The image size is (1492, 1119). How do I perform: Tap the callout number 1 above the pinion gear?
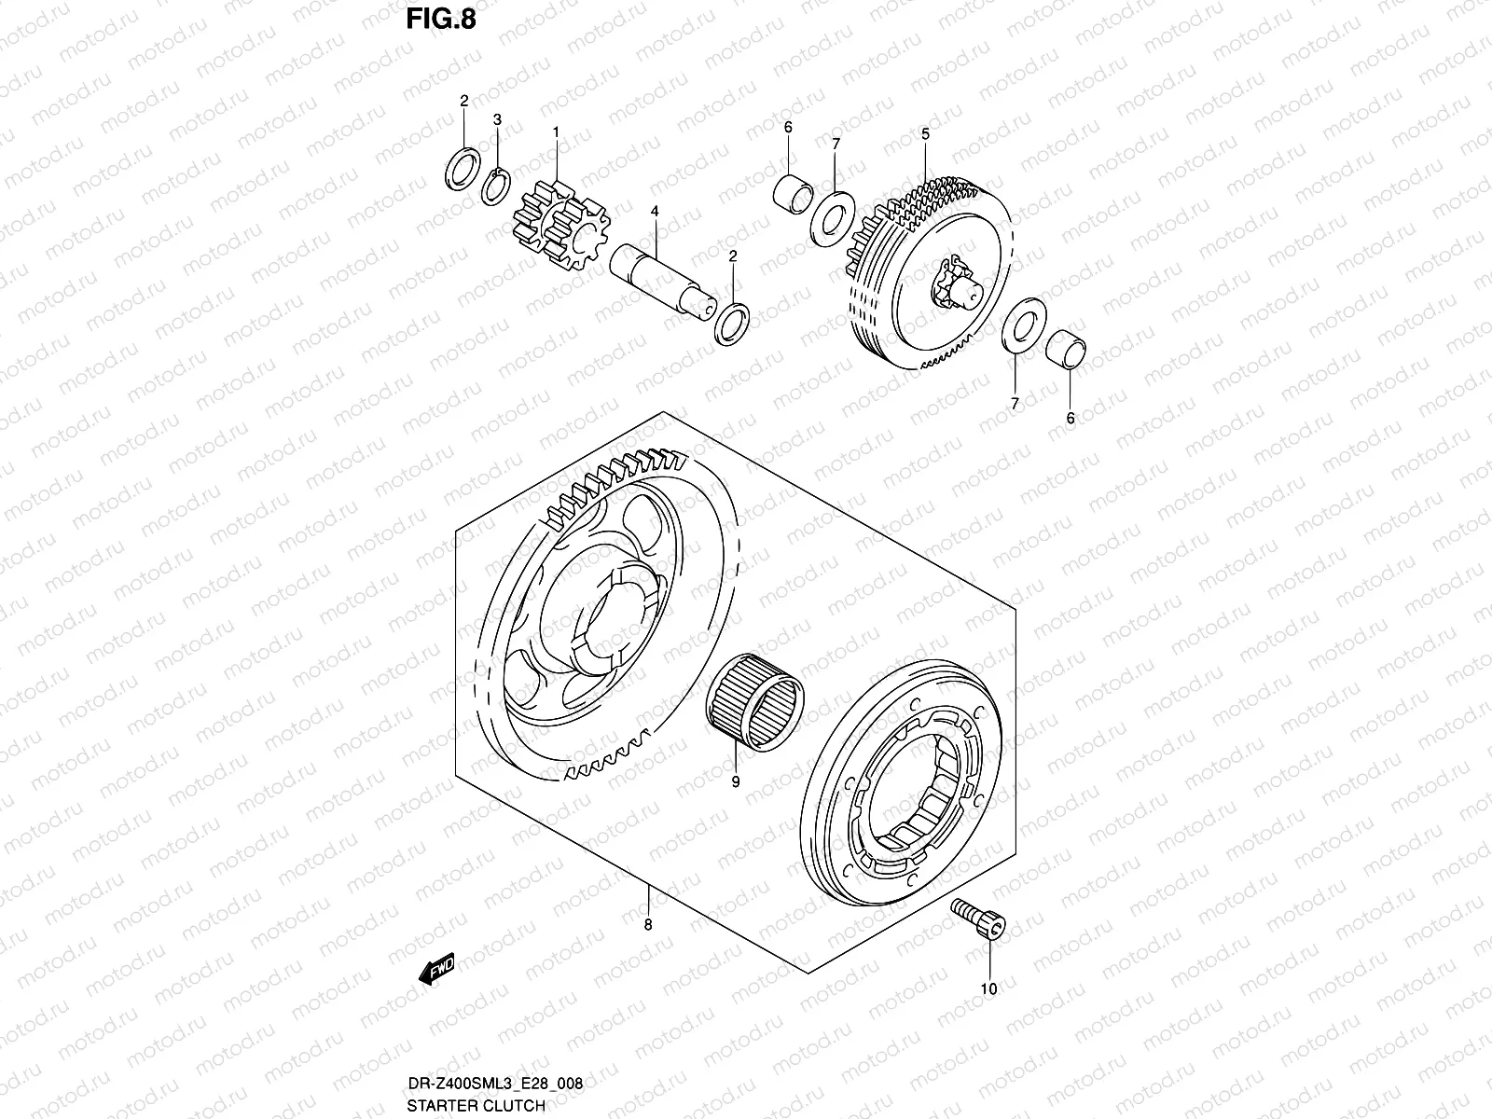(556, 132)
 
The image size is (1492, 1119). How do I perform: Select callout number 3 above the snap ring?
(497, 119)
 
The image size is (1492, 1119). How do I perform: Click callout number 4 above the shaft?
(655, 212)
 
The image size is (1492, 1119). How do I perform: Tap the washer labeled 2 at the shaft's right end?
(730, 323)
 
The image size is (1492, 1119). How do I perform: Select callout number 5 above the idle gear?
(925, 134)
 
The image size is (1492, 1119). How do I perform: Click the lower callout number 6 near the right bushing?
(1070, 419)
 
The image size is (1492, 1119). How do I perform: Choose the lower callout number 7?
(1015, 403)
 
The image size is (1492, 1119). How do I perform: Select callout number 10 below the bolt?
(989, 988)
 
